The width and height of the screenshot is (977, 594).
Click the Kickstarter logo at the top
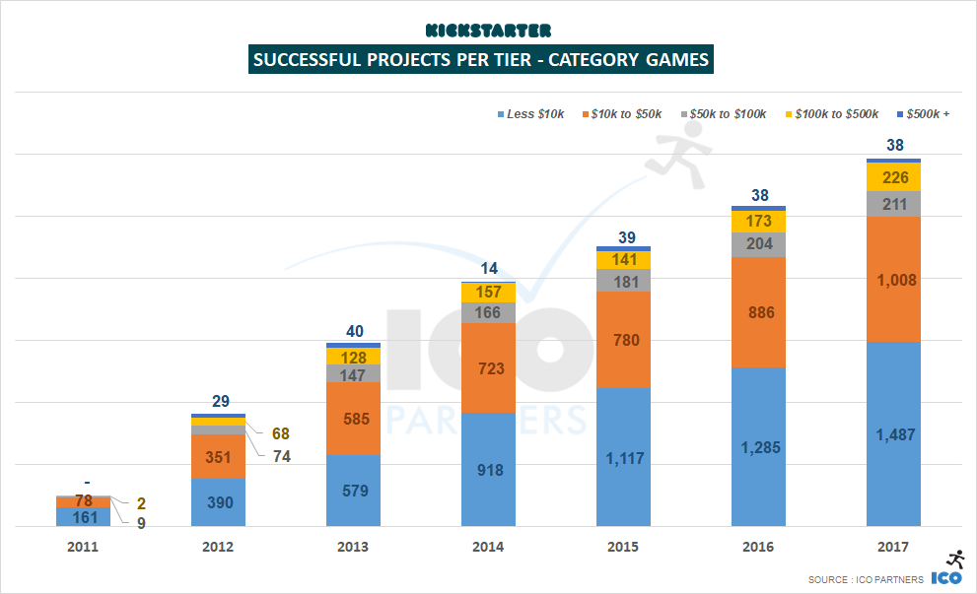488,31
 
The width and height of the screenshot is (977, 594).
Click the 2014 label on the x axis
488,547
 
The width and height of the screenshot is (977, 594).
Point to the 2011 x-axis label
83,547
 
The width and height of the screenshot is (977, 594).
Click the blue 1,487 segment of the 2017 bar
893,433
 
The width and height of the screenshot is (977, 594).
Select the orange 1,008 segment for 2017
893,280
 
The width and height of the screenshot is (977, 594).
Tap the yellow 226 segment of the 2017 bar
893,177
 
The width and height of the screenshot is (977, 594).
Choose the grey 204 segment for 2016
758,244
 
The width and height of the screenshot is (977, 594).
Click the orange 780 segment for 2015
623,340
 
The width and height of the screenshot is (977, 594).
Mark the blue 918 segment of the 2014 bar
488,470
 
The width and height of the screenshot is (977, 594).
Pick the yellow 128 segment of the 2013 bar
353,357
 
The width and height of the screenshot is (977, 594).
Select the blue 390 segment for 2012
218,502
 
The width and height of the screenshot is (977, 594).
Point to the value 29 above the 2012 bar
222,402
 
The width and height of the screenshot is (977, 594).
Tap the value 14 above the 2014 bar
489,269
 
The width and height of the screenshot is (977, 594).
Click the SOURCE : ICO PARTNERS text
865,579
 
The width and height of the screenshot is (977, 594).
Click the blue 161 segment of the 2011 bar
83,516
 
